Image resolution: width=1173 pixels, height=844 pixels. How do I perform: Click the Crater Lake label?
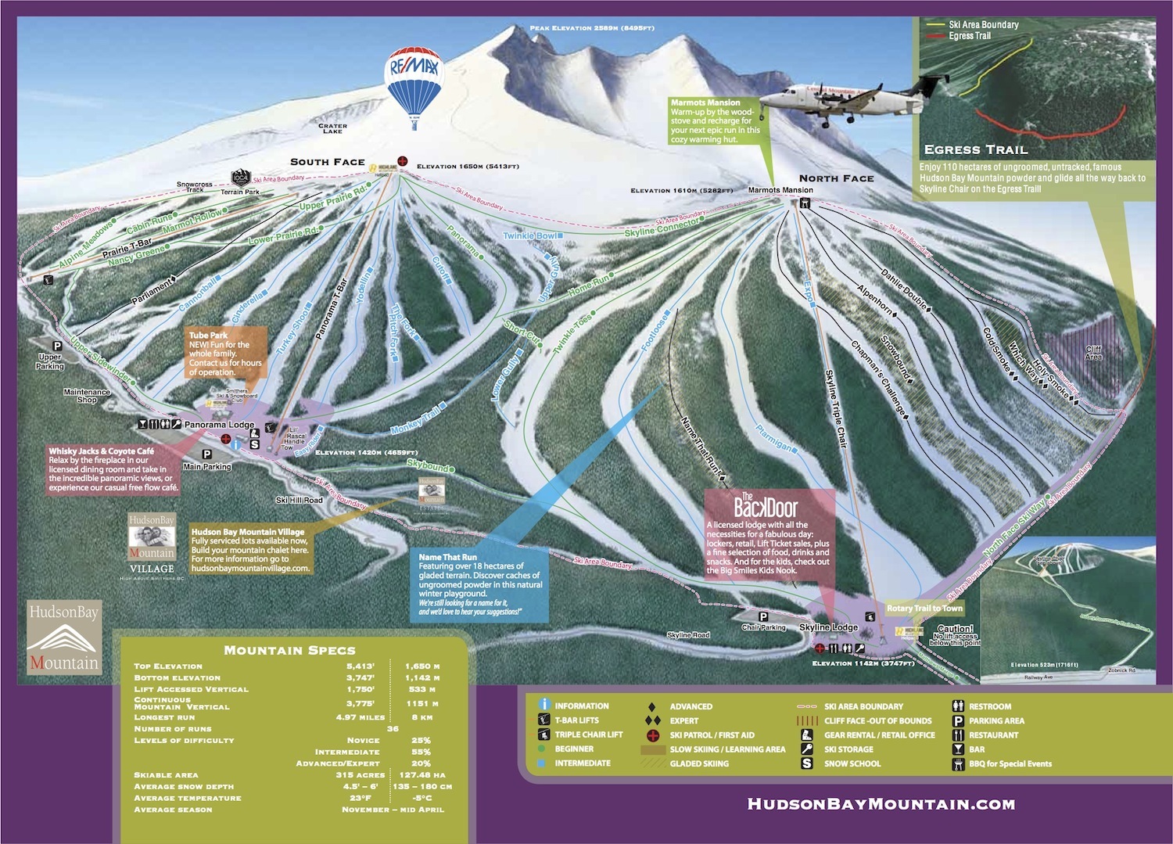coord(332,128)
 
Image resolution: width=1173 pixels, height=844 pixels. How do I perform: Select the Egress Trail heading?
coord(975,149)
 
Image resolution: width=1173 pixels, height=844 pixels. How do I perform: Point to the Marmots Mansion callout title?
coord(705,102)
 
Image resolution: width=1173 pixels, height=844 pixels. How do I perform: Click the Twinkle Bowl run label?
coord(530,235)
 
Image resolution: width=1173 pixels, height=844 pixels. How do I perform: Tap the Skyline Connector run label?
coord(662,228)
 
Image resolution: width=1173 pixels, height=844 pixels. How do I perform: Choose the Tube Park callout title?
coord(208,336)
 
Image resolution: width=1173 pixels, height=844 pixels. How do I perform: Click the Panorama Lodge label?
coord(219,425)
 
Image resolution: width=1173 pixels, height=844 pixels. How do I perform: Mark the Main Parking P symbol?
coord(207,454)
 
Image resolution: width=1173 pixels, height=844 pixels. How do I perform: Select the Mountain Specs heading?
coord(289,650)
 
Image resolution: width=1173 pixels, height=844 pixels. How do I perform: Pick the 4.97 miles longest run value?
coord(361,717)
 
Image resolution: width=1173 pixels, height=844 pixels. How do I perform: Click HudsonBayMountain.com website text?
coord(881,804)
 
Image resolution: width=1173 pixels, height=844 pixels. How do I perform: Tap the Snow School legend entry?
coord(852,764)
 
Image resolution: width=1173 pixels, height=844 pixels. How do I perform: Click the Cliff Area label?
coord(1093,353)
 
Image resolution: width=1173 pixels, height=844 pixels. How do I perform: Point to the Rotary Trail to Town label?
coord(924,609)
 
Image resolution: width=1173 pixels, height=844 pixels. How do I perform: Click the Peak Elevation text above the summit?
coord(591,28)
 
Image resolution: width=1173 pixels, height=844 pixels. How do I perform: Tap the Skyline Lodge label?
coord(828,627)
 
